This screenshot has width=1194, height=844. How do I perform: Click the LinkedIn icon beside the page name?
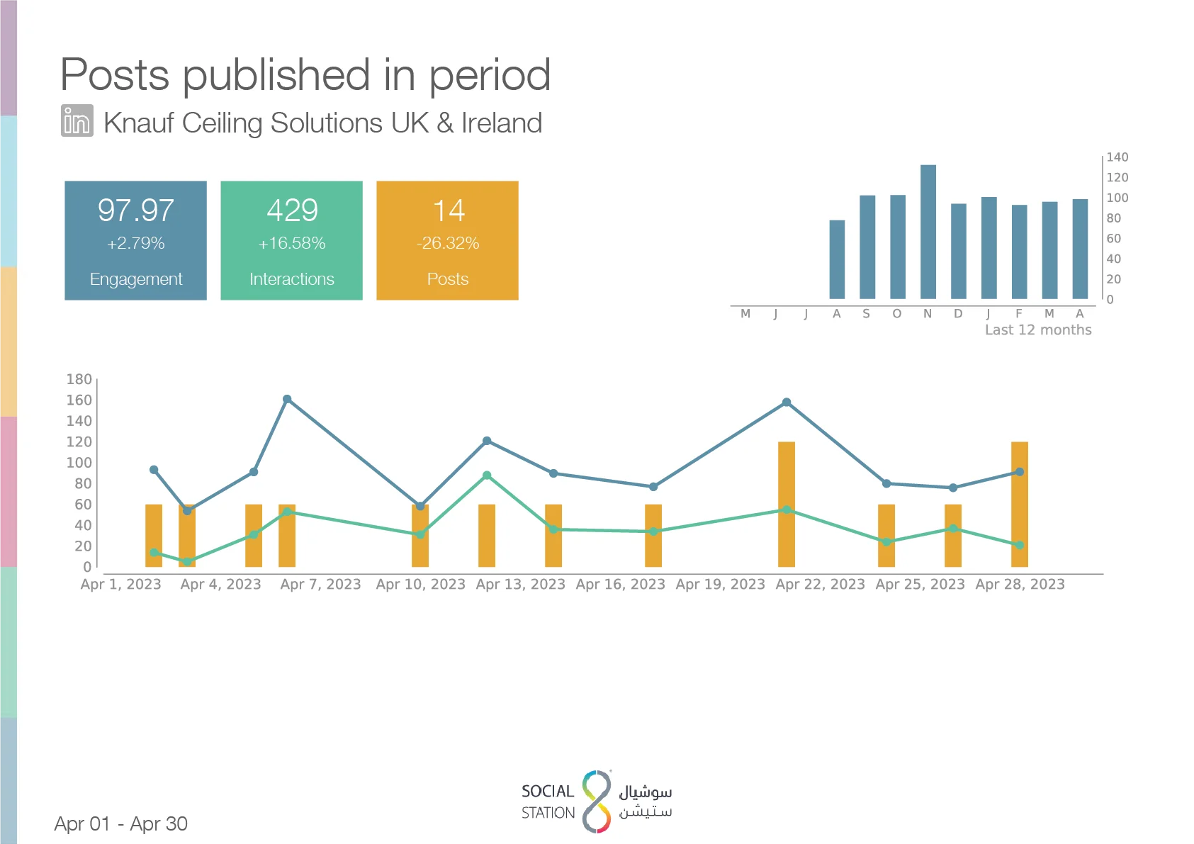coord(77,120)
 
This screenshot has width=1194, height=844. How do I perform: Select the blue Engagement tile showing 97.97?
coord(135,240)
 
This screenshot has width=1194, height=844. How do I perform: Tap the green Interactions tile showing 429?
coord(291,240)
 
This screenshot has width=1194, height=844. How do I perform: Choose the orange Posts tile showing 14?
coord(447,240)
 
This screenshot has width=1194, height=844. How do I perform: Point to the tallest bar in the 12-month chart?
coord(928,232)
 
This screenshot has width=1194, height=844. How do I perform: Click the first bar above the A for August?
coord(837,259)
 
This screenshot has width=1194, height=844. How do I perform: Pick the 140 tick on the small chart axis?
coord(1117,157)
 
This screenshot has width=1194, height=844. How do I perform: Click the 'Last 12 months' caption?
coord(1038,330)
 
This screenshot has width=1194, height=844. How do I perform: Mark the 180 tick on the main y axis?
coord(79,379)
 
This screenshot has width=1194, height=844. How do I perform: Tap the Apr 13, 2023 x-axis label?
coord(520,585)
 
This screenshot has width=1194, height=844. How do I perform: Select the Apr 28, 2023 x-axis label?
coord(1020,585)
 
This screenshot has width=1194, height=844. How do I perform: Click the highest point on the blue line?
coord(287,400)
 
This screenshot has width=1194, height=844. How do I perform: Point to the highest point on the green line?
coord(487,475)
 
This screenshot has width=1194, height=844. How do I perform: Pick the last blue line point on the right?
coord(1020,472)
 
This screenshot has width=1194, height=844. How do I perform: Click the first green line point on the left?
coord(154,552)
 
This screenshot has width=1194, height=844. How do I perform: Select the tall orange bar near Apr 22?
coord(787,504)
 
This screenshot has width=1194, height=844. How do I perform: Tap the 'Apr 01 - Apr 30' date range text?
coord(121,823)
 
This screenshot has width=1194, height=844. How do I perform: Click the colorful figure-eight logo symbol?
coord(597,801)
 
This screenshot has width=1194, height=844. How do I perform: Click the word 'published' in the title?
coord(276,76)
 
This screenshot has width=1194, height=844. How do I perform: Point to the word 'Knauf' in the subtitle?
coord(139,123)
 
